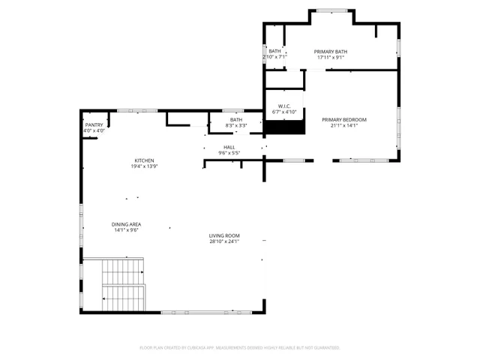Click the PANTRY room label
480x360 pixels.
[x=94, y=125]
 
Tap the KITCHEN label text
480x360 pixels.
[x=144, y=160]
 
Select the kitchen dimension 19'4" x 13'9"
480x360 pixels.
[x=144, y=166]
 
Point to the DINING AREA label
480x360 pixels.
[x=127, y=224]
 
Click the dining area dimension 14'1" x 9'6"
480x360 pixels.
[x=127, y=230]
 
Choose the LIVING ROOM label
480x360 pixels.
[x=223, y=236]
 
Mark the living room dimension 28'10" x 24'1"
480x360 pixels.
[x=223, y=242]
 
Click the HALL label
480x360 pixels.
[x=229, y=147]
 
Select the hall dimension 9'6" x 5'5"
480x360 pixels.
[x=229, y=153]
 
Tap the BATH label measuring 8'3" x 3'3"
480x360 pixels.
[x=236, y=120]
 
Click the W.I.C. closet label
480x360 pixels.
[x=284, y=106]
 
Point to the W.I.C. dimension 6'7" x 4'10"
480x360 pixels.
[x=284, y=112]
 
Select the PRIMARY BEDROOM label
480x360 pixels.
[x=344, y=120]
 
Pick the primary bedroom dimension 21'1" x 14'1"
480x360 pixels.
[x=344, y=125]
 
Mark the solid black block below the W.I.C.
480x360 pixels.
[x=284, y=128]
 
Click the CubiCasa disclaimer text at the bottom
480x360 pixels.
[x=240, y=348]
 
